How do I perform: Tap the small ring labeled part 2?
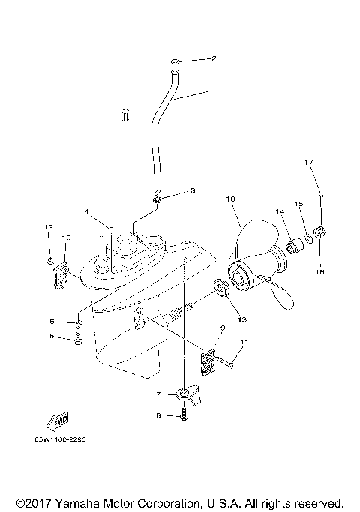(x=173, y=59)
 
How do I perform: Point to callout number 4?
(x=87, y=212)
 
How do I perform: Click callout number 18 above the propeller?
(x=229, y=199)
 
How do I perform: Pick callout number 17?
(x=307, y=183)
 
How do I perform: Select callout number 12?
(x=46, y=226)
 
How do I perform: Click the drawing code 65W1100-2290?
(x=59, y=439)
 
